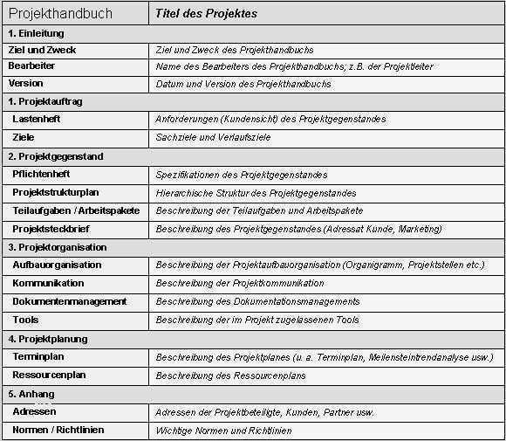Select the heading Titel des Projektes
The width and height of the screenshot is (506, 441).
click(206, 14)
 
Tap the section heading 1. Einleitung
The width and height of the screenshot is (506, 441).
click(36, 33)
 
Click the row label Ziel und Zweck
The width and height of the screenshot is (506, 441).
click(42, 50)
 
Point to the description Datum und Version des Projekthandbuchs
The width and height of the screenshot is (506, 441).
click(243, 84)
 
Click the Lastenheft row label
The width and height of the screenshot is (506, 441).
click(37, 118)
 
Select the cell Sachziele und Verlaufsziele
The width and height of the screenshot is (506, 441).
click(213, 137)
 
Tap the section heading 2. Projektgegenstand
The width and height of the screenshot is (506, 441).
click(56, 156)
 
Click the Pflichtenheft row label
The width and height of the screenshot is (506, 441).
click(41, 174)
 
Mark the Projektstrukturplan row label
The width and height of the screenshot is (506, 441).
click(57, 192)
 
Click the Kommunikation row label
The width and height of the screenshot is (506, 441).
click(48, 283)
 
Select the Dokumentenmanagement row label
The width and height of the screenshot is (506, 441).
click(69, 301)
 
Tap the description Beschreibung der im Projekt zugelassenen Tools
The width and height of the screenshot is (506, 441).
click(256, 320)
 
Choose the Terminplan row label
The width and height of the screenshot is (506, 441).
click(38, 356)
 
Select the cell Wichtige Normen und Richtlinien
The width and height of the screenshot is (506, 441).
click(223, 430)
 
